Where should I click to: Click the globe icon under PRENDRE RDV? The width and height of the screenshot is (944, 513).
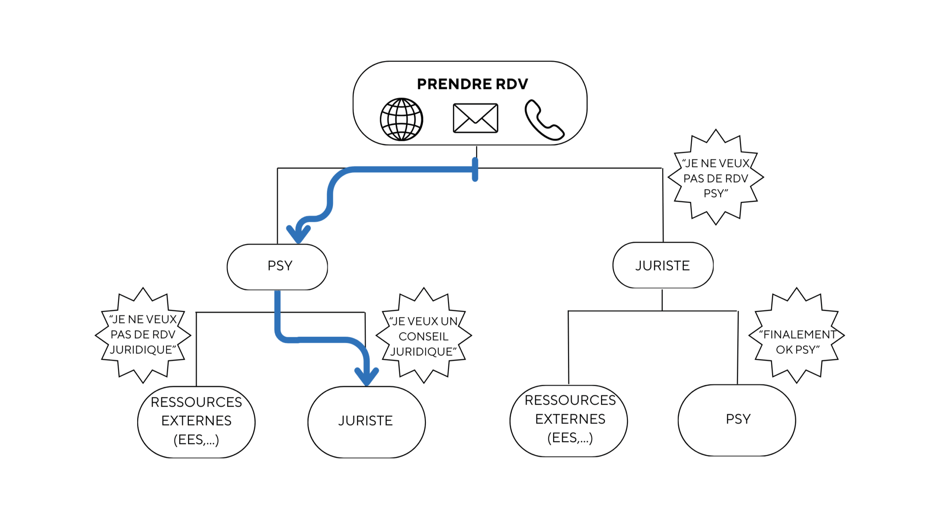pos(401,119)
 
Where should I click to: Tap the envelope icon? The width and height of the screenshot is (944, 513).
pos(475,118)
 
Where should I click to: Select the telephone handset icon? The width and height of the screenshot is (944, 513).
pos(544,120)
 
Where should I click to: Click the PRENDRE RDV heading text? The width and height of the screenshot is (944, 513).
pos(472,84)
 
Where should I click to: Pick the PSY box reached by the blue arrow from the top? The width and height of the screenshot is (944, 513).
pos(277,266)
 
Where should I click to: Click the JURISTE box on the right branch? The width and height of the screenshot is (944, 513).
pos(663,265)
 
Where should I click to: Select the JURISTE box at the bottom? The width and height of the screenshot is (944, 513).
pos(366,422)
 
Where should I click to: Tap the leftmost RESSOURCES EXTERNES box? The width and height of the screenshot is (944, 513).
pos(196,422)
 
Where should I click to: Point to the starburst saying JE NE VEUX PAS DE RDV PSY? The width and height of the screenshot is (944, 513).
pos(715,178)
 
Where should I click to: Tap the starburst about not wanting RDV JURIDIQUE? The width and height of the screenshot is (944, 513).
pos(143,335)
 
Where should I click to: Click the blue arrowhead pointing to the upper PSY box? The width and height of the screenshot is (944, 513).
pos(298,234)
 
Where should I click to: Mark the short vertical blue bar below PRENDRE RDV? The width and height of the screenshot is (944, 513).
pos(475,170)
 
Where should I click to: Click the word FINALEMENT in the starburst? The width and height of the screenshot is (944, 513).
pos(799,335)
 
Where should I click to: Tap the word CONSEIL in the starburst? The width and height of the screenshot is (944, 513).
pos(423,336)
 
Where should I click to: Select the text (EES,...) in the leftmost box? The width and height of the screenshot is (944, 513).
pos(196,439)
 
